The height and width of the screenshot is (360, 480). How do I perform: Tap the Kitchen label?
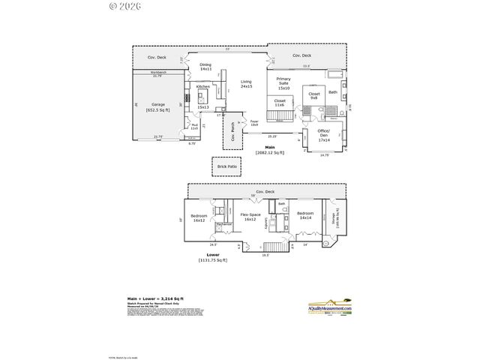click(203, 87)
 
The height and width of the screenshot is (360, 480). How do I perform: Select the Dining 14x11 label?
click(205, 67)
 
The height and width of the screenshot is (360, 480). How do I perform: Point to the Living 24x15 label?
click(246, 84)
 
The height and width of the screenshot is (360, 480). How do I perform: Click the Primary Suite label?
click(283, 81)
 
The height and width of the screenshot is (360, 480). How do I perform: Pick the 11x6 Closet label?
click(279, 102)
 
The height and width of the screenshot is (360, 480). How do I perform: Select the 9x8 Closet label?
click(314, 96)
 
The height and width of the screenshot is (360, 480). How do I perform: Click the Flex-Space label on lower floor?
click(250, 217)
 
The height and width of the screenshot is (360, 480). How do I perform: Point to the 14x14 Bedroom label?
click(305, 215)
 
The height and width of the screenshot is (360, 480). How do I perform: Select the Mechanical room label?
click(223, 224)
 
